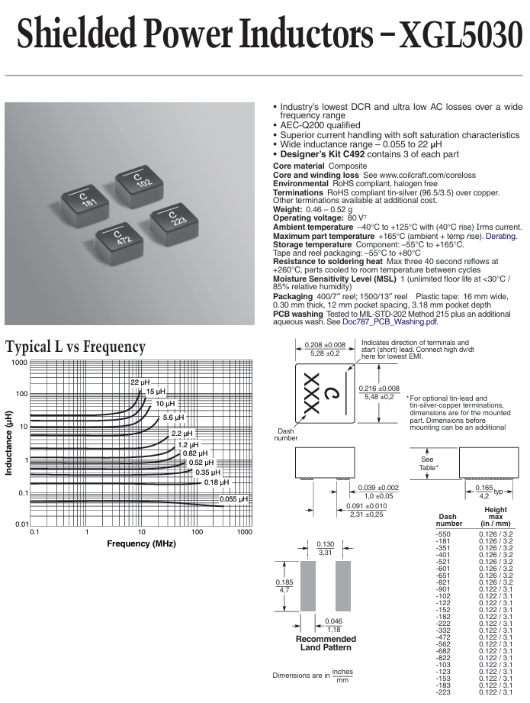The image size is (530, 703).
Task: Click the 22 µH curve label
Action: pyautogui.click(x=140, y=382)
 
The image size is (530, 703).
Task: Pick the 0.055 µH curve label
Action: pyautogui.click(x=233, y=499)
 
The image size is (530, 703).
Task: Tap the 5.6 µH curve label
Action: pyautogui.click(x=173, y=418)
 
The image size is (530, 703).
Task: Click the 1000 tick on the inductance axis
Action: pyautogui.click(x=19, y=363)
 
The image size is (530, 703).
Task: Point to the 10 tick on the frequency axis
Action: pyautogui.click(x=142, y=532)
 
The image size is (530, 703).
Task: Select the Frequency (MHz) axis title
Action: pyautogui.click(x=141, y=543)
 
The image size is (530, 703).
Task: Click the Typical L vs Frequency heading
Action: pyautogui.click(x=75, y=347)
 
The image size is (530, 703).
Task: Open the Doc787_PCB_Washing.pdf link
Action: pyautogui.click(x=390, y=322)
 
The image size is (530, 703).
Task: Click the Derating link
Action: pyautogui.click(x=501, y=236)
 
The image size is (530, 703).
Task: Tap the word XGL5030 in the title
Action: pyautogui.click(x=461, y=34)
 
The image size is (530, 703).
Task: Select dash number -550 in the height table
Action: pyautogui.click(x=443, y=534)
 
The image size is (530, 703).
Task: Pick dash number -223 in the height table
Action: pyautogui.click(x=443, y=692)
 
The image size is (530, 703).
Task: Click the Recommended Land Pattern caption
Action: pyautogui.click(x=326, y=643)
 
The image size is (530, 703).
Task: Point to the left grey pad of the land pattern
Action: pyautogui.click(x=308, y=586)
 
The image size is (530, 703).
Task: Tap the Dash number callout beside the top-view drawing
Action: pyautogui.click(x=286, y=434)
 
